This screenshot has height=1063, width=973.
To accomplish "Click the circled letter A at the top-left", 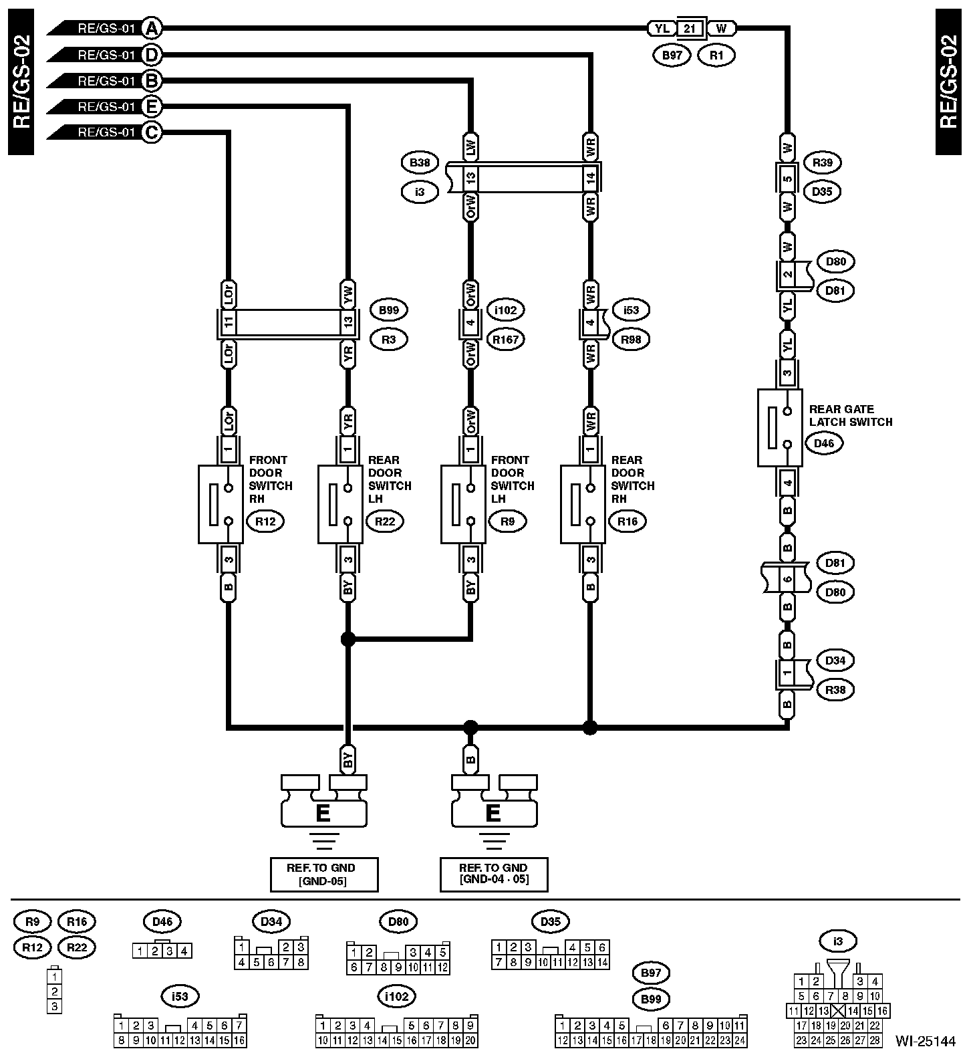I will tap(152, 28).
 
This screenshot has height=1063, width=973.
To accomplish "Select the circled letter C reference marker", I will tap(152, 132).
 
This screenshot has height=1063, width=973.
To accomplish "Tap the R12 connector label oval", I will tap(265, 521).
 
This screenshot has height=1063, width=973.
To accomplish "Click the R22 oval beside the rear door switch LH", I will tap(385, 521).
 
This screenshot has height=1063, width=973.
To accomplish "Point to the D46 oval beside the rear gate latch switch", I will tap(825, 443).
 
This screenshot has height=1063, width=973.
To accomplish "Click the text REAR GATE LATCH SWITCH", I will tap(850, 415).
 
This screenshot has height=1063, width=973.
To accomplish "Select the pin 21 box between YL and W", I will tap(691, 28).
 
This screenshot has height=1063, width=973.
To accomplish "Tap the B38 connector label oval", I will tap(420, 162).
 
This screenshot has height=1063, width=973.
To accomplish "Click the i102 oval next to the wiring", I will tap(506, 310).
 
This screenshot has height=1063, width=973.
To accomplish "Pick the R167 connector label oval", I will tap(506, 339).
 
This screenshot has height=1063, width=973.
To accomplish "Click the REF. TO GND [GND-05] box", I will tap(323, 874).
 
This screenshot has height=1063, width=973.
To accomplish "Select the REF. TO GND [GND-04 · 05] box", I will tap(494, 874).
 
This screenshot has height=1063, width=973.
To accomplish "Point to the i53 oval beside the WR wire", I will tap(631, 310).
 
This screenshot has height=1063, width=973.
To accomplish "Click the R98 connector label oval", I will tap(631, 339).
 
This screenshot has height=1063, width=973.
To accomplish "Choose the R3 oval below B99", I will tap(389, 339).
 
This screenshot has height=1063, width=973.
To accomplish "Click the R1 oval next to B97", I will tap(716, 55).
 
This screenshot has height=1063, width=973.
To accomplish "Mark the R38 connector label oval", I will tap(835, 689).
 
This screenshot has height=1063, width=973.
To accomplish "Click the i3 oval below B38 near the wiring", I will tap(420, 192).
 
